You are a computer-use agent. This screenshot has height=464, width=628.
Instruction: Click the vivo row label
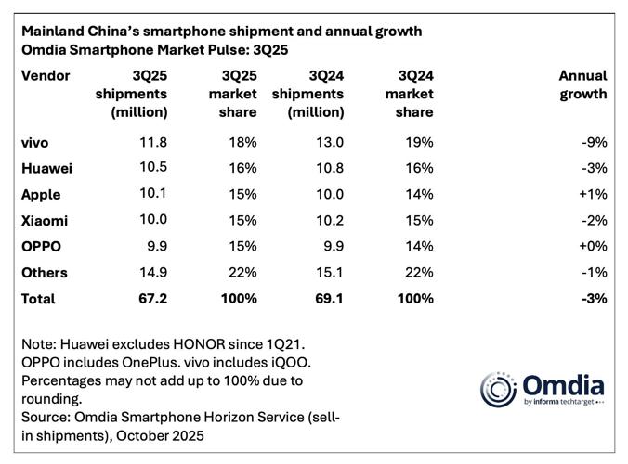pos(34,143)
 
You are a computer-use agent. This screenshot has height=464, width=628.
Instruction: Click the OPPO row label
pos(39,247)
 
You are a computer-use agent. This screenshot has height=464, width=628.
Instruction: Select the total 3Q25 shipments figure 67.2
pos(151,299)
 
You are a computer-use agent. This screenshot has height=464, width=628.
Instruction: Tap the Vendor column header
pos(45,76)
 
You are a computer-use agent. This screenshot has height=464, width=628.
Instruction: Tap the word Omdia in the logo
pos(563,384)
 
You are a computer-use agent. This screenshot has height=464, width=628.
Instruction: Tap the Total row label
pos(37,299)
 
